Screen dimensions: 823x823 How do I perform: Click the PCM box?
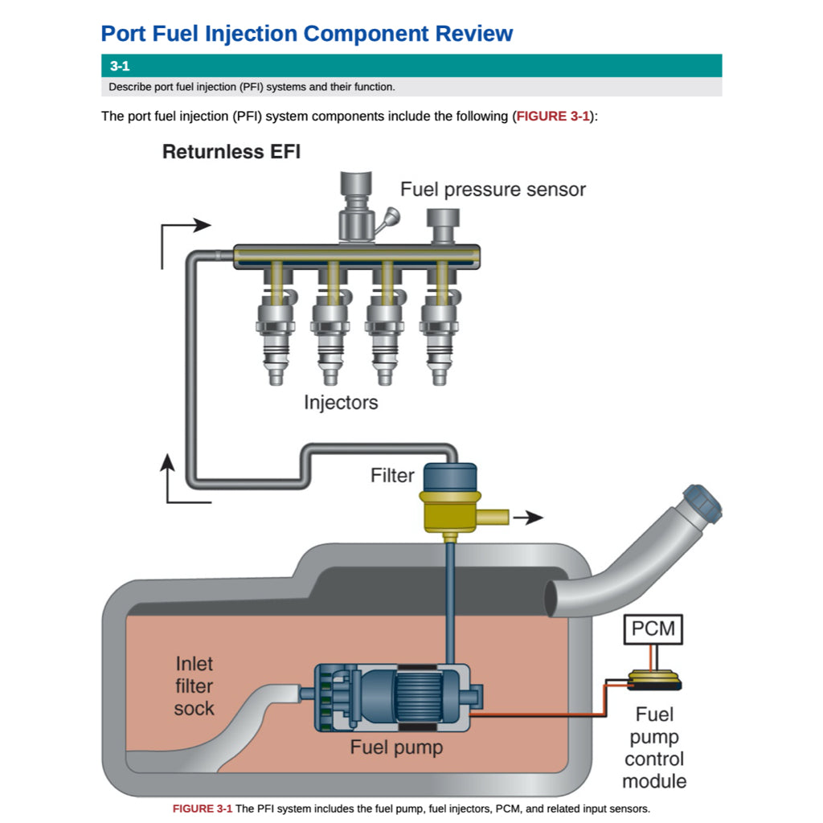coord(653,629)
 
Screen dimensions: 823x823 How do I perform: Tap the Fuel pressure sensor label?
coord(493,190)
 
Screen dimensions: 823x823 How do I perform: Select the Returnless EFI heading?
coord(231,152)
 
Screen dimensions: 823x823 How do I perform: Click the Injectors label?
coord(341,402)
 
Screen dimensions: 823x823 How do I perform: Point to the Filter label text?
coord(392,476)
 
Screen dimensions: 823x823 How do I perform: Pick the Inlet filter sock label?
coord(194,686)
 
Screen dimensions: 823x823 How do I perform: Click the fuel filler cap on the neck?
coord(701,505)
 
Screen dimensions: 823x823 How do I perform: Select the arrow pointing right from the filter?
coord(528,518)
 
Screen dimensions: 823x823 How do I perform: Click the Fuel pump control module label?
coord(654,747)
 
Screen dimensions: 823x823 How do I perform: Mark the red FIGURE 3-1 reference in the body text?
coord(552,117)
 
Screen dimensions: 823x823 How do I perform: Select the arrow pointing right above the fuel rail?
coord(193,226)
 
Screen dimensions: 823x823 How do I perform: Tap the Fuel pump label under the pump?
coord(396,748)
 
